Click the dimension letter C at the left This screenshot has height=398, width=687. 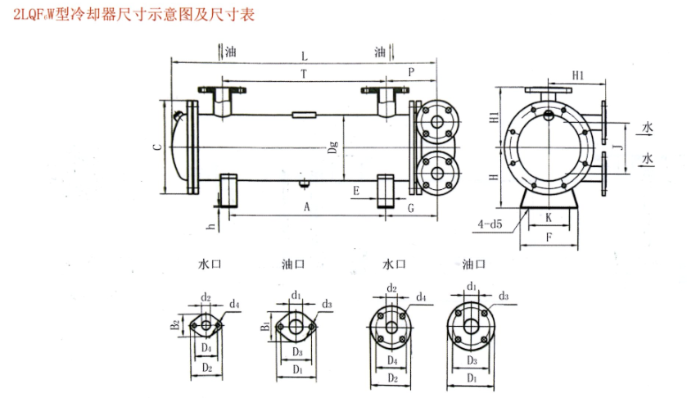pyautogui.click(x=156, y=147)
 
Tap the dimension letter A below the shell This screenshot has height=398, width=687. pyautogui.click(x=306, y=206)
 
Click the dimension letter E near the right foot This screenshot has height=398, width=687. pyautogui.click(x=355, y=191)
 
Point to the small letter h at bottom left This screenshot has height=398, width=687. pyautogui.click(x=211, y=225)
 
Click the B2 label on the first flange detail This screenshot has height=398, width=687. pyautogui.click(x=174, y=325)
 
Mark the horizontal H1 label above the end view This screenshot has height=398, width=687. pyautogui.click(x=578, y=75)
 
